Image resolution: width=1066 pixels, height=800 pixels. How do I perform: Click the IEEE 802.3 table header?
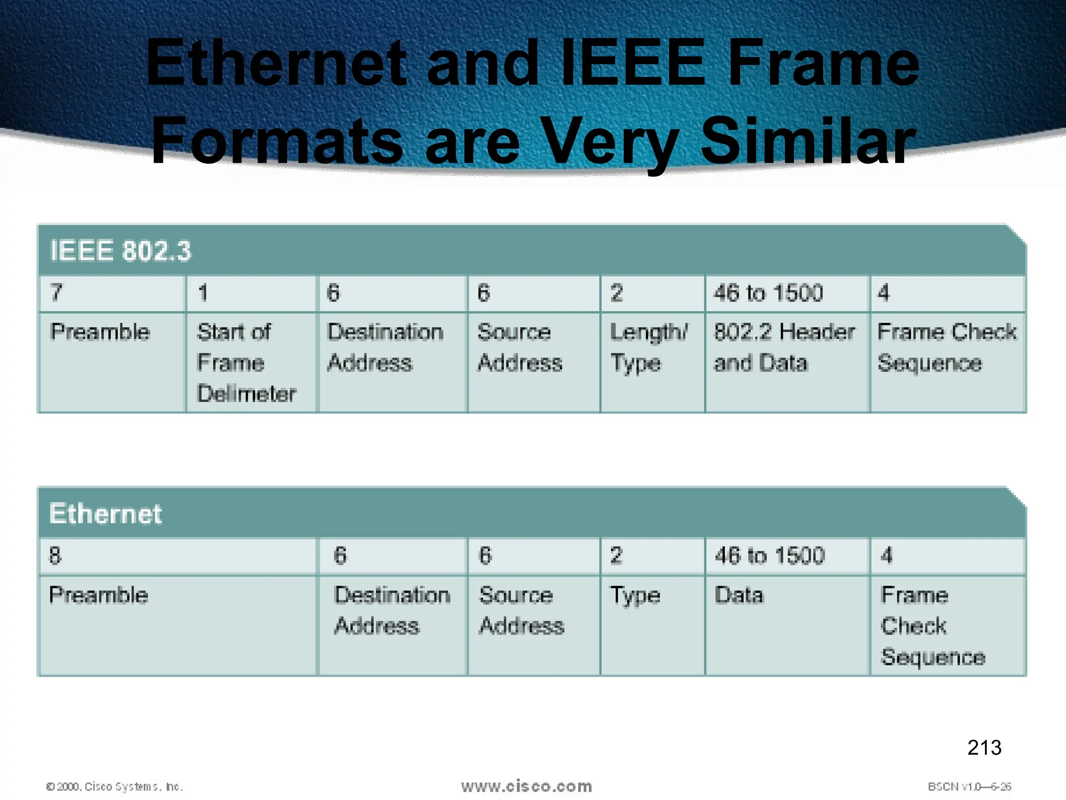point(120,251)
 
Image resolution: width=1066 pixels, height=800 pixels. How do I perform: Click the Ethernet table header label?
point(106,514)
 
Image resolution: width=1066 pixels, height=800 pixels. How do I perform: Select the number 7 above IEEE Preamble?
point(56,293)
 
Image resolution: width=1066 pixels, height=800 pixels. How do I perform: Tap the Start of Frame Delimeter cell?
point(246,362)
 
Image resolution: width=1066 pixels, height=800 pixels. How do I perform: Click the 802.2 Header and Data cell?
point(784,347)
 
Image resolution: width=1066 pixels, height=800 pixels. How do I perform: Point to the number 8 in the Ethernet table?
point(55,556)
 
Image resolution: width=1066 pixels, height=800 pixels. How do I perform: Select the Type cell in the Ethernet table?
point(635,595)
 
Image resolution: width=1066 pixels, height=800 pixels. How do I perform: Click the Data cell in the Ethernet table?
point(739,595)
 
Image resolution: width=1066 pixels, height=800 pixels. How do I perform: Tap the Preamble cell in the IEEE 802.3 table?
point(100,332)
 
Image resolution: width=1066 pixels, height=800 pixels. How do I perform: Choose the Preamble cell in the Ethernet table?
point(99,595)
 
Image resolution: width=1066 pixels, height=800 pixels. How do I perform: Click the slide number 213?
point(984,747)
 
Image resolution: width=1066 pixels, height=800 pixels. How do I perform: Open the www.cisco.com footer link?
point(526,786)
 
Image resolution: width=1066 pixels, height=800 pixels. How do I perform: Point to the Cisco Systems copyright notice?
point(115,786)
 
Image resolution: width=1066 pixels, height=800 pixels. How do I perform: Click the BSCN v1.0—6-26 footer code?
point(969,786)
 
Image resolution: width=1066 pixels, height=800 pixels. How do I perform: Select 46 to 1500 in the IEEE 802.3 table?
point(768,293)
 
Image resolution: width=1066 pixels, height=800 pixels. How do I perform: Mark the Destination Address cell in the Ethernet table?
point(392,610)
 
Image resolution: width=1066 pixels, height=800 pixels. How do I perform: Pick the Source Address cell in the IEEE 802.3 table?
point(519,347)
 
